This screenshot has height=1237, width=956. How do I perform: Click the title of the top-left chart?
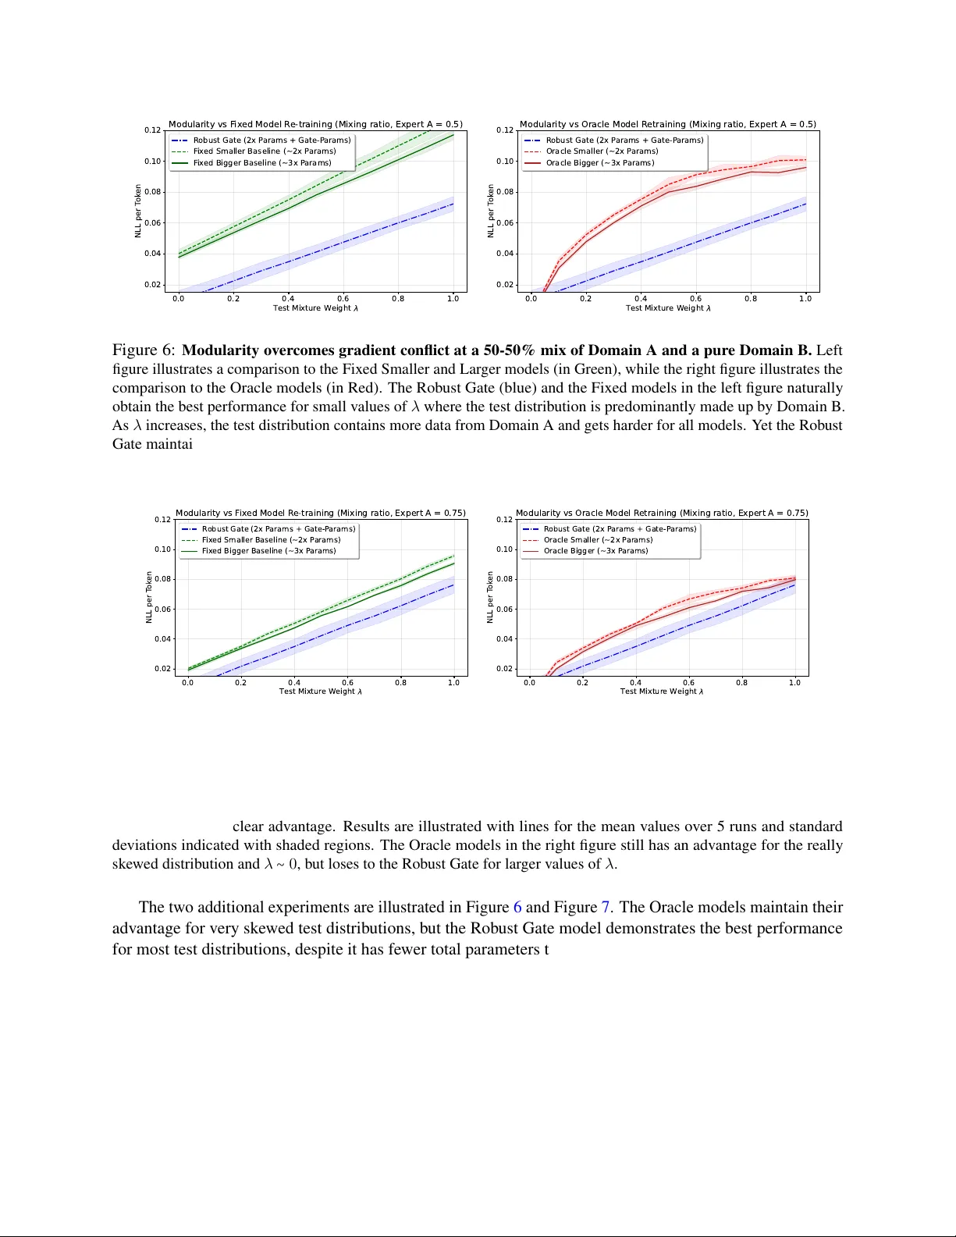(315, 124)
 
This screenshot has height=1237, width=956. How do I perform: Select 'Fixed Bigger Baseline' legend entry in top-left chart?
(262, 163)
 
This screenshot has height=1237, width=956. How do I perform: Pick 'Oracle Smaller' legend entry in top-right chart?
(602, 151)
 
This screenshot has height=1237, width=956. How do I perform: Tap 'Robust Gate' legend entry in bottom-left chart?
(278, 529)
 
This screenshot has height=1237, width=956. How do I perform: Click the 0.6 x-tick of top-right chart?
(695, 298)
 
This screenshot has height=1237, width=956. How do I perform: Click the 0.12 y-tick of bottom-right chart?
(504, 520)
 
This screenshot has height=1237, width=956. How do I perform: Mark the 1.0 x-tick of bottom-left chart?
(453, 682)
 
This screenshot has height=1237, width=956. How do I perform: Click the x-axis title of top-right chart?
(668, 308)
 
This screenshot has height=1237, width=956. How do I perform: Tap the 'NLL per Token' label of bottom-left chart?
(148, 598)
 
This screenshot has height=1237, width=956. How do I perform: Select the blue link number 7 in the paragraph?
(605, 908)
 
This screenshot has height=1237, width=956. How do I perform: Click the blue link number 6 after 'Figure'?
(517, 908)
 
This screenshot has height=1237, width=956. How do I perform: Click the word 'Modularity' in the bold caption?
(221, 350)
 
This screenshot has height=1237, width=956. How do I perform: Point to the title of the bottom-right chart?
(662, 513)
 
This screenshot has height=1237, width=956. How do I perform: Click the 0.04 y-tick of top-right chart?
(505, 254)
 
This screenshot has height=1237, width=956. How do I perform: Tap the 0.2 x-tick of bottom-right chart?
(582, 682)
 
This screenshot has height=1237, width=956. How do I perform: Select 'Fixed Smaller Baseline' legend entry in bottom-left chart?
(271, 540)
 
